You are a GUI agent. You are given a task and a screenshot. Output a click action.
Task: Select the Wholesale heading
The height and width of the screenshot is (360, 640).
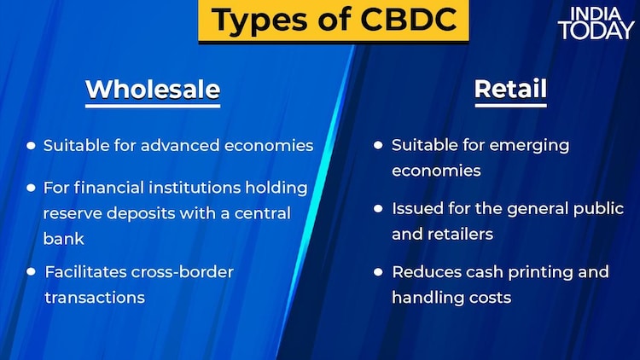click(153, 89)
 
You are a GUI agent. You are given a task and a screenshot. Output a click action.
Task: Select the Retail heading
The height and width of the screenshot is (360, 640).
click(510, 89)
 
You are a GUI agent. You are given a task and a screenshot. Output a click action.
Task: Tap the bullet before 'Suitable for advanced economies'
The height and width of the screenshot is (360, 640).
click(31, 146)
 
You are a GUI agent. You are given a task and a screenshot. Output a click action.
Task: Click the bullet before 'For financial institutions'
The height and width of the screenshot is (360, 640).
click(31, 187)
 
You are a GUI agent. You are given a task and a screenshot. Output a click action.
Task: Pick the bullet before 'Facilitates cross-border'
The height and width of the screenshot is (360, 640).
click(31, 272)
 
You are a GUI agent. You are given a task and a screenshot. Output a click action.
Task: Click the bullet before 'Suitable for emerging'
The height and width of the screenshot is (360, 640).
click(378, 146)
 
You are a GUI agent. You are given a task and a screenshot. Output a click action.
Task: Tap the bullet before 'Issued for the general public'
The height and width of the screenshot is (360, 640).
click(378, 208)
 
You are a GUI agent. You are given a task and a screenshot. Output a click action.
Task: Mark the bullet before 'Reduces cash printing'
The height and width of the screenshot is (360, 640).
click(378, 272)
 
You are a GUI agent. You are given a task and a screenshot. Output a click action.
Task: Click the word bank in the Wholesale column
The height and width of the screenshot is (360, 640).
click(61, 239)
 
